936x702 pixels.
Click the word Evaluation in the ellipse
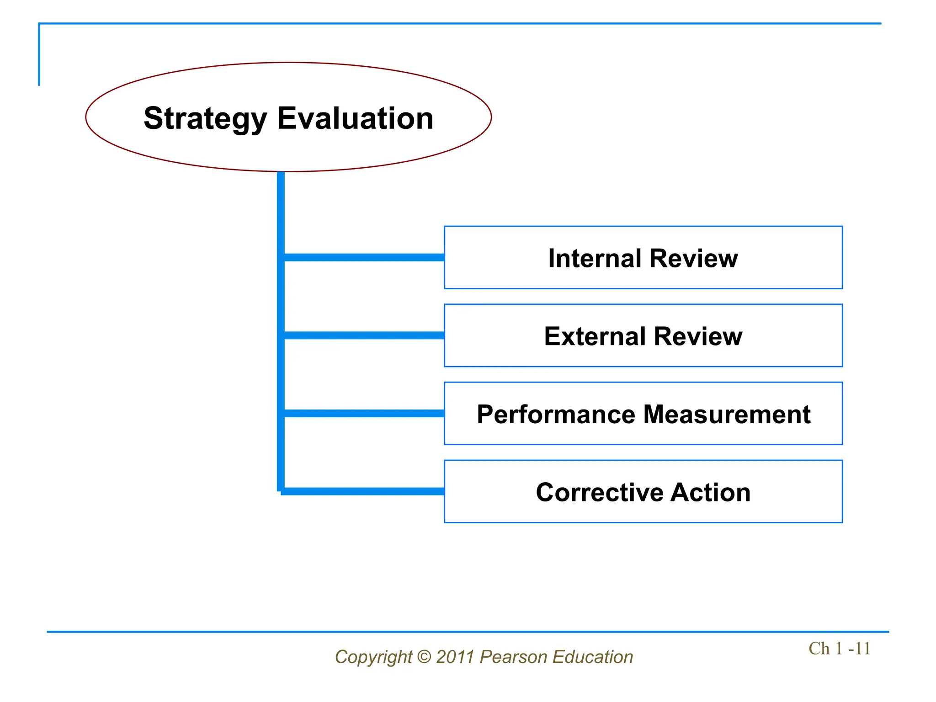tap(355, 118)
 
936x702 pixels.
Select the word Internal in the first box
tap(595, 258)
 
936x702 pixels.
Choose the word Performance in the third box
tap(556, 415)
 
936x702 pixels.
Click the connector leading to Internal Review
tap(364, 258)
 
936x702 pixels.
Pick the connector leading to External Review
tap(364, 335)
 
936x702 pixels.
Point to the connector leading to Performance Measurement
tap(364, 414)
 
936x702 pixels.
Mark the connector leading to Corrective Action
tap(364, 491)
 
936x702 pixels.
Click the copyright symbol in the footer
tap(424, 657)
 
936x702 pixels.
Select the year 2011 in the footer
tap(455, 657)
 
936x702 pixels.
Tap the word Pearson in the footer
tap(513, 657)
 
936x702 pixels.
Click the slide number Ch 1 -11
tap(839, 649)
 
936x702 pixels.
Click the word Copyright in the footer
tap(373, 657)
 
